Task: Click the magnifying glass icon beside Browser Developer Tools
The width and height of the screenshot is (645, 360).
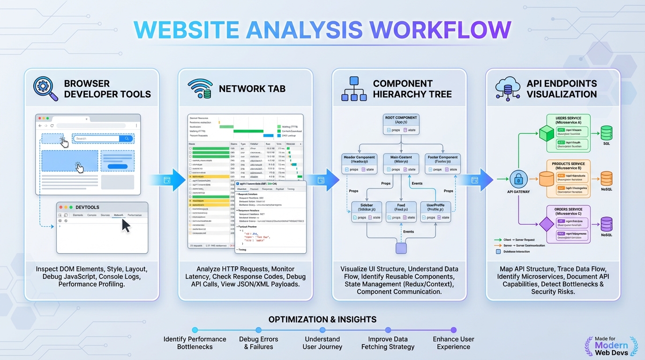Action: tap(45, 89)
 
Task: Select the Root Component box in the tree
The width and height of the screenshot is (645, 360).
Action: tap(401, 124)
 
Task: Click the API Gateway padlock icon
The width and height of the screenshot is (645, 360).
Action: tap(518, 179)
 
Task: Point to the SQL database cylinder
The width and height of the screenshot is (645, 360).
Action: tap(607, 133)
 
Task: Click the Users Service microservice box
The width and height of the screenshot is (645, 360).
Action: tap(568, 133)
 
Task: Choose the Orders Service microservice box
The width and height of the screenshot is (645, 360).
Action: tap(568, 224)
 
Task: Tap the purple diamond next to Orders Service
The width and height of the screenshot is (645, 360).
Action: tap(547, 224)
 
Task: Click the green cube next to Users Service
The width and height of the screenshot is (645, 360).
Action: tap(547, 133)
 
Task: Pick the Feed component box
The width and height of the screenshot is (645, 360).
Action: tap(401, 212)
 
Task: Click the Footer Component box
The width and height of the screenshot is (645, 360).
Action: tap(442, 164)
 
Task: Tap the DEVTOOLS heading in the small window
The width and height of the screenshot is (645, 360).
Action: tap(87, 207)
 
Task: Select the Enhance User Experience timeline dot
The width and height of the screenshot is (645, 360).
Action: tap(453, 330)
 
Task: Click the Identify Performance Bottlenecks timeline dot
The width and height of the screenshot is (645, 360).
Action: tap(195, 330)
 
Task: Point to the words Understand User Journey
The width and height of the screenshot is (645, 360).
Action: tap(322, 343)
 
